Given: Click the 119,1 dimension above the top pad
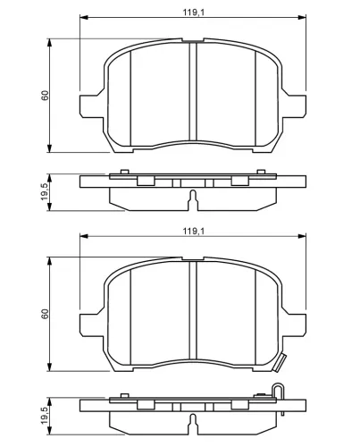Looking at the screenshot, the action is (x=194, y=13).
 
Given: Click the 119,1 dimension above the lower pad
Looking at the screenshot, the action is (x=194, y=231).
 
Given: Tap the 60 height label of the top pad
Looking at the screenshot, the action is (x=45, y=96).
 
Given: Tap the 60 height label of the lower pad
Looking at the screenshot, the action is (x=45, y=314).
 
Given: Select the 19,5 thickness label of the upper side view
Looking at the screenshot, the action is (x=45, y=191).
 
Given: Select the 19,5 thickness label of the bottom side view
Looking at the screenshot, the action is (x=45, y=416).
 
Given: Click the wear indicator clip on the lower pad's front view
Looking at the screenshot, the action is (x=280, y=362).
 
